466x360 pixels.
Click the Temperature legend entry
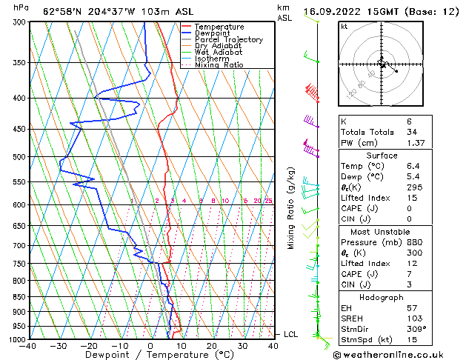tap(219, 27)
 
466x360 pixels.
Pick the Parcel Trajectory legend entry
tap(228, 39)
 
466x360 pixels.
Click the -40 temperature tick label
tap(29, 346)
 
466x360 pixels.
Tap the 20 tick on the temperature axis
tap(212, 346)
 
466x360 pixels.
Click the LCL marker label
tap(291, 335)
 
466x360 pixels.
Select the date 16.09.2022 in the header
tap(344, 11)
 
